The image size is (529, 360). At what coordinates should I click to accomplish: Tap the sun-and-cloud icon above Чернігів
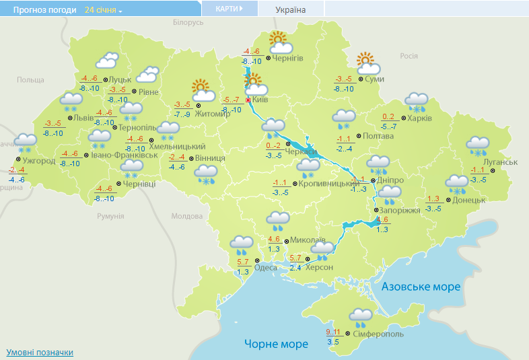point(280,42)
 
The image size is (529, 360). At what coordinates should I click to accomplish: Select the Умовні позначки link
point(40,352)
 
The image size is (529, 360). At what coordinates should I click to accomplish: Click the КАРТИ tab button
point(228,9)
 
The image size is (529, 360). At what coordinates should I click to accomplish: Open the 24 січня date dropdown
point(104,10)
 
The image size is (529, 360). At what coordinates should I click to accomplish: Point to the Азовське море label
point(421,287)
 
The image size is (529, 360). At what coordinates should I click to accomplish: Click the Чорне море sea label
point(276,344)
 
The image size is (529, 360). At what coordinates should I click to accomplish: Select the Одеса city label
point(266,267)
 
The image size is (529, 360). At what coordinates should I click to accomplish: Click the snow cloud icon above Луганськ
point(479,144)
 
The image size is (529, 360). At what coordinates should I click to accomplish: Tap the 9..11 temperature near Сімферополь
point(333,332)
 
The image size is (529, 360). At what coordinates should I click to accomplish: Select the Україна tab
point(291,9)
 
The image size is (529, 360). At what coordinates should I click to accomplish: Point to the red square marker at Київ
point(248,100)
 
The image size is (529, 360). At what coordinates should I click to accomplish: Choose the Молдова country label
point(186,216)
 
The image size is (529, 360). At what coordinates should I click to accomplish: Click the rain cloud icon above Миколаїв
point(277,218)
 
